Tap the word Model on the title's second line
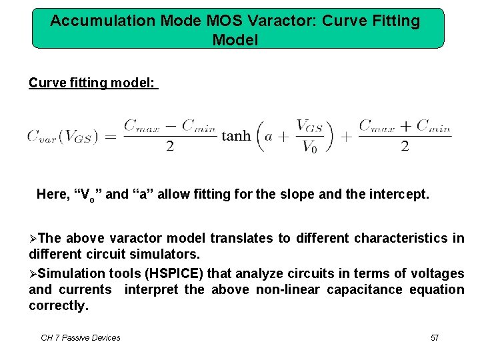235,40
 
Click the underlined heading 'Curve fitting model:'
93,83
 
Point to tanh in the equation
236,136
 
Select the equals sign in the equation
110,136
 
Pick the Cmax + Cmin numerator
405,125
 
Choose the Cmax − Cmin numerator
170,125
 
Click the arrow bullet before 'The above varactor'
33,239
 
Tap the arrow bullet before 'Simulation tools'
33,273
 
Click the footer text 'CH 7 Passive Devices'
81,338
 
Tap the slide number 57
435,338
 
